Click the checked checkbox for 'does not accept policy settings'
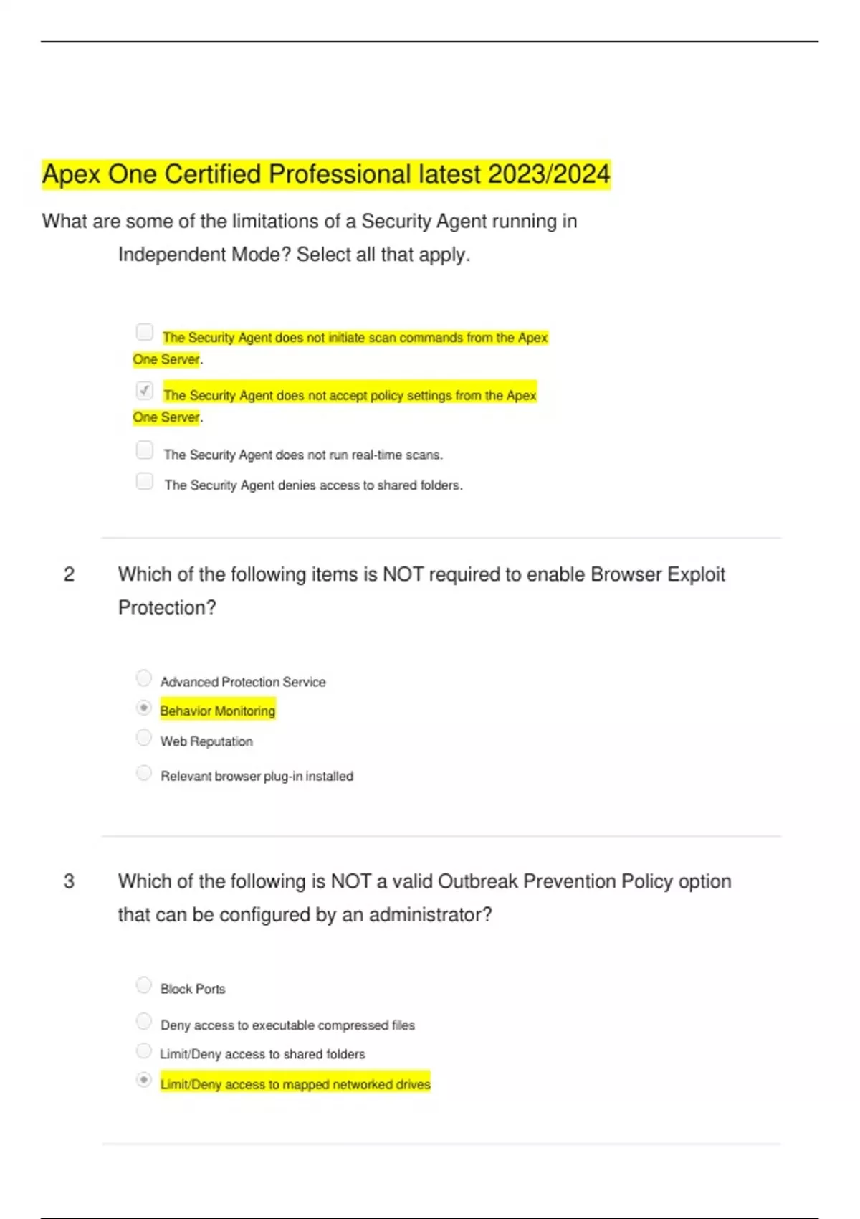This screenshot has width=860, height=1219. [x=145, y=390]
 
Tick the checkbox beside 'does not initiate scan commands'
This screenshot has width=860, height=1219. [x=145, y=332]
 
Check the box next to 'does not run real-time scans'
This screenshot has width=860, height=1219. [x=145, y=450]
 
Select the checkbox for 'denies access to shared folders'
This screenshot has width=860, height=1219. [x=145, y=480]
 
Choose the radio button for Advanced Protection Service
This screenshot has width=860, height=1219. [x=144, y=678]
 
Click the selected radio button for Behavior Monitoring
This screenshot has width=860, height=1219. [x=144, y=708]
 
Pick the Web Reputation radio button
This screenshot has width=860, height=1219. [x=144, y=737]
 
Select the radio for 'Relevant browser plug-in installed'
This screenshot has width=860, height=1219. [x=144, y=773]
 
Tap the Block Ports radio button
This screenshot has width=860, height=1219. [x=144, y=985]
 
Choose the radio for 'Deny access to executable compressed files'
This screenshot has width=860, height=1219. [x=144, y=1021]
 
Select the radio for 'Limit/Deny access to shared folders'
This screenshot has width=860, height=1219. [x=144, y=1050]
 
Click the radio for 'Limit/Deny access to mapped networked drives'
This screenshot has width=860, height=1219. [x=144, y=1080]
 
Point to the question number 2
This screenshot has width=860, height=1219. [x=69, y=574]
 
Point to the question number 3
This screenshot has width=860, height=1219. [x=69, y=881]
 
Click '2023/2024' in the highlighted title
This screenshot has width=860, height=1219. [x=548, y=174]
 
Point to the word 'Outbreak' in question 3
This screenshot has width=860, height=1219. [x=477, y=881]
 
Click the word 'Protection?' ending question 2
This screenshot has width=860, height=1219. [x=167, y=608]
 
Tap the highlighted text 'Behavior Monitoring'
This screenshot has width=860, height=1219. [x=218, y=711]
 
